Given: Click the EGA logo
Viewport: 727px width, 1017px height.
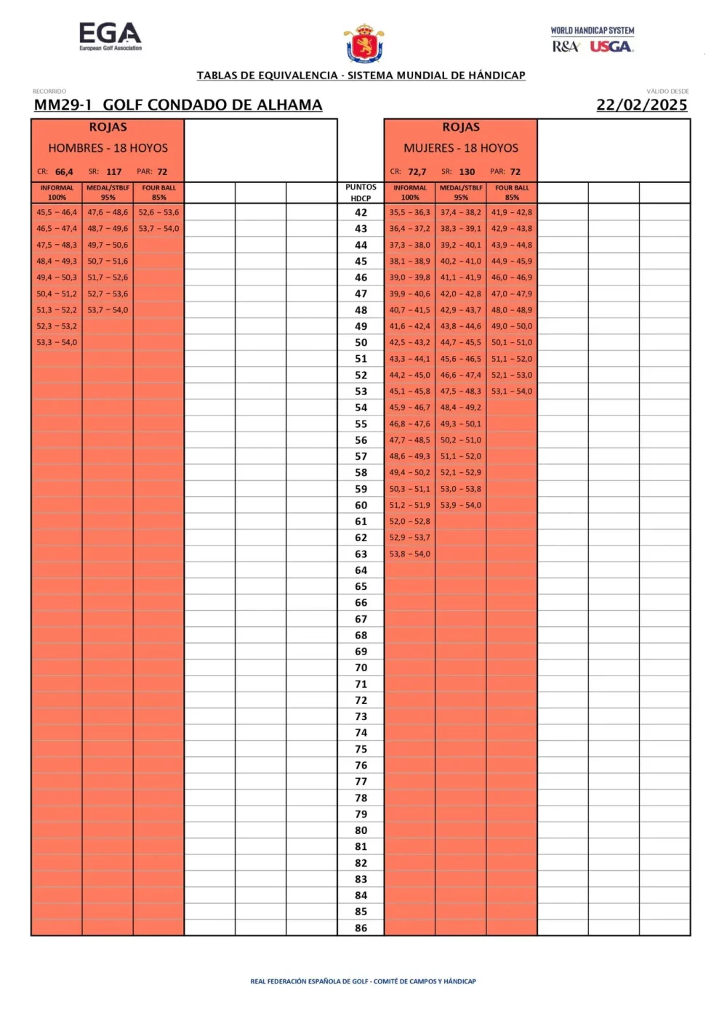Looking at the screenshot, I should coord(110,36).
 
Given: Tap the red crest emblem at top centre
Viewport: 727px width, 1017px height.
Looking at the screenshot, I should coord(364,44).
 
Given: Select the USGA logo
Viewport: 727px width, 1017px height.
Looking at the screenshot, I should coord(611,46).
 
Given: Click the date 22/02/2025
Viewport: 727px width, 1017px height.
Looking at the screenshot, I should coord(641,105).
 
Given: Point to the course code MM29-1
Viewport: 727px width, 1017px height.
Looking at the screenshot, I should coord(63,105).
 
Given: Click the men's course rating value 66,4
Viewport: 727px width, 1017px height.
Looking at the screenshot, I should coord(64,172).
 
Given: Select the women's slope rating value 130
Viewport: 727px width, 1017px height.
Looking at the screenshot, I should coord(467,172).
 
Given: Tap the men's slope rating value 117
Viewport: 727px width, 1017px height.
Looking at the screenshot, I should coord(113,172).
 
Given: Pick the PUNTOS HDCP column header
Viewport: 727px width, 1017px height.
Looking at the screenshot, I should coord(361,193).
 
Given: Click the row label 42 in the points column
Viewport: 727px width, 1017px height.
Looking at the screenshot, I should coord(361,213).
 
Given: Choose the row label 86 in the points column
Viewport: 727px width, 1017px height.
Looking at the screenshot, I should coord(361,928).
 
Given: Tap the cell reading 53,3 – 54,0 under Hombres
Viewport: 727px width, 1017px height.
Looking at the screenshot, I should coord(57,343).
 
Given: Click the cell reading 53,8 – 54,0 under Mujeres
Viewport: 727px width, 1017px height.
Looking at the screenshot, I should coord(409,554).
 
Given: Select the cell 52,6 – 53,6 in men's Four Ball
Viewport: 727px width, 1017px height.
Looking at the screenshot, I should coord(158,213).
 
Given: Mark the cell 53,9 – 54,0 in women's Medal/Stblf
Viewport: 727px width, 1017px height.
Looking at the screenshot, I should coord(460,506).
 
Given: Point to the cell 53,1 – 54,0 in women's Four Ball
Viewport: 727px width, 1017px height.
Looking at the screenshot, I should coord(511,392).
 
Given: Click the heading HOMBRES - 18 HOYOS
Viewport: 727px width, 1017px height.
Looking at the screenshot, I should coord(108,148).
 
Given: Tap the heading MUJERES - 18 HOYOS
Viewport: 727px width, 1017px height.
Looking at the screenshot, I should coord(461,148).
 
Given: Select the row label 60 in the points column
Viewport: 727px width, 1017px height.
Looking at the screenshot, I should coord(361,506).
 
